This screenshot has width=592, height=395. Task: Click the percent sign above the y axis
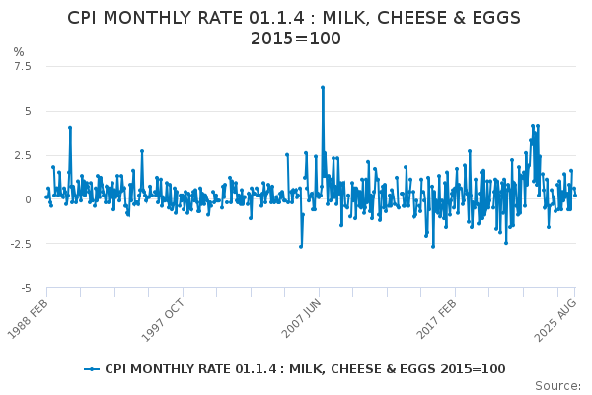18,51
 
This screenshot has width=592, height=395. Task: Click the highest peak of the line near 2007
322,87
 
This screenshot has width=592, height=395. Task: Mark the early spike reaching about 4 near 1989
70,127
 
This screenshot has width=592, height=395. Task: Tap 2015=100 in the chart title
296,39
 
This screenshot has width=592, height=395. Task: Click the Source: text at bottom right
559,385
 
